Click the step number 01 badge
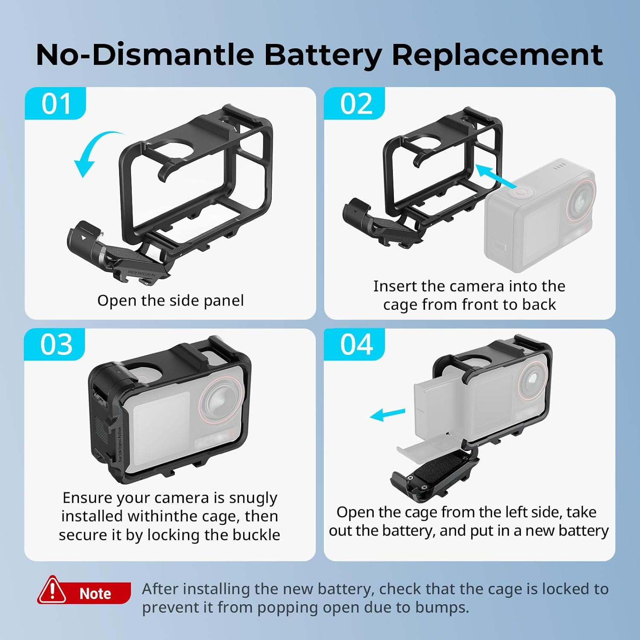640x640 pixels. point(55,104)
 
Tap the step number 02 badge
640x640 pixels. point(355,104)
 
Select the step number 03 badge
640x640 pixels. point(55,345)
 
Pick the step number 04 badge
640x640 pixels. point(355,345)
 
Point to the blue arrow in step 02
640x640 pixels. point(495,176)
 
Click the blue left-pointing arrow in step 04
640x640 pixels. point(387,414)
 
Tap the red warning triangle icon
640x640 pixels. point(52,591)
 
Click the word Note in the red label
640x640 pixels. point(95,593)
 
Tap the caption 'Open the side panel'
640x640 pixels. point(171,300)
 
